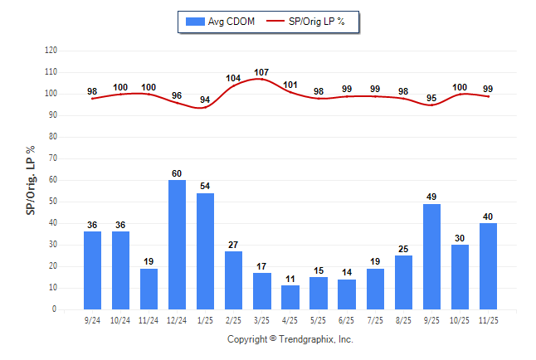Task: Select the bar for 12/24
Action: tap(177, 245)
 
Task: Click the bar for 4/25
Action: tap(290, 297)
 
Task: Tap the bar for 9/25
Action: tap(432, 256)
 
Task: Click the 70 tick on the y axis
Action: tap(52, 158)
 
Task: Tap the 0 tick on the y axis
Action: tap(55, 309)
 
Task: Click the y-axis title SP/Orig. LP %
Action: tap(31, 180)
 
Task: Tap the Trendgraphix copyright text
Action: tap(290, 339)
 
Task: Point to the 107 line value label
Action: tap(262, 73)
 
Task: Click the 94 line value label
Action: tap(205, 100)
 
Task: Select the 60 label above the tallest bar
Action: tap(177, 173)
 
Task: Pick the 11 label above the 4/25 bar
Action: tap(290, 280)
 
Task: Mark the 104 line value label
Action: tap(233, 79)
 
